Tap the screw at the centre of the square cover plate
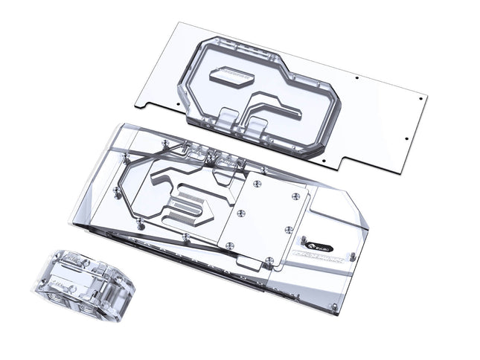coord(239,213)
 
